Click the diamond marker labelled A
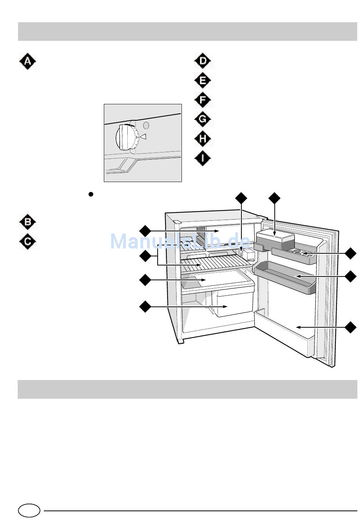(28, 61)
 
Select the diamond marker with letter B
(28, 222)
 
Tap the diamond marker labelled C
(28, 242)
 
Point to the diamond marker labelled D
(203, 61)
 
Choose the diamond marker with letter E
(203, 80)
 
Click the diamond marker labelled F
(203, 100)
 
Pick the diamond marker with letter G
(203, 119)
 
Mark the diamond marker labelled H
(203, 139)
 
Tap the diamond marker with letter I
(203, 158)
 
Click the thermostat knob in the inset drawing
(126, 137)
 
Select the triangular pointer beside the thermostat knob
(143, 137)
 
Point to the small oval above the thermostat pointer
(147, 125)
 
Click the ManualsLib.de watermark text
(180, 242)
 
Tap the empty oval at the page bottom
(29, 510)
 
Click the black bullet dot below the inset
(91, 194)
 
